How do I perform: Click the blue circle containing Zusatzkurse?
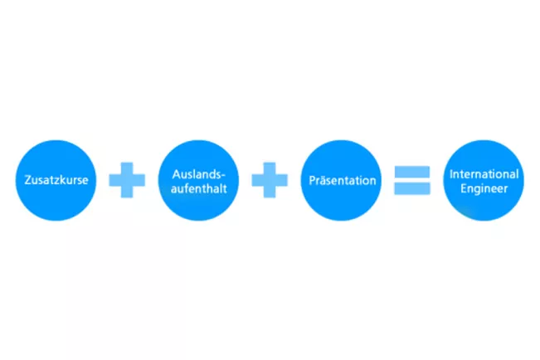pyautogui.click(x=56, y=180)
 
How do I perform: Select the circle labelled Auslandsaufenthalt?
pyautogui.click(x=198, y=180)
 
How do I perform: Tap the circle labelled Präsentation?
pyautogui.click(x=341, y=180)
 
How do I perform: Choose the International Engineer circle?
pyautogui.click(x=484, y=180)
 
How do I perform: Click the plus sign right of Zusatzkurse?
pyautogui.click(x=127, y=180)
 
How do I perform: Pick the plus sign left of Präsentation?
pyautogui.click(x=270, y=180)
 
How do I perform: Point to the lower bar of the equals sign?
pyautogui.click(x=412, y=188)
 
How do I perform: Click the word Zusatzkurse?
pyautogui.click(x=56, y=180)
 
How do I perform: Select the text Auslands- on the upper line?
pyautogui.click(x=198, y=174)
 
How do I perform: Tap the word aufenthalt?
pyautogui.click(x=198, y=187)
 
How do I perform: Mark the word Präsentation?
pyautogui.click(x=341, y=180)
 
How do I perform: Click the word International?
pyautogui.click(x=484, y=174)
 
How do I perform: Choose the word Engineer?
pyautogui.click(x=484, y=187)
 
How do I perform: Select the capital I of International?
pyautogui.click(x=450, y=174)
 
